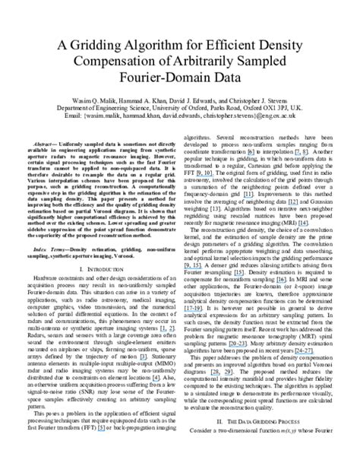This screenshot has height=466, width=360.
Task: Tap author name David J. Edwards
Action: tap(207, 101)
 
